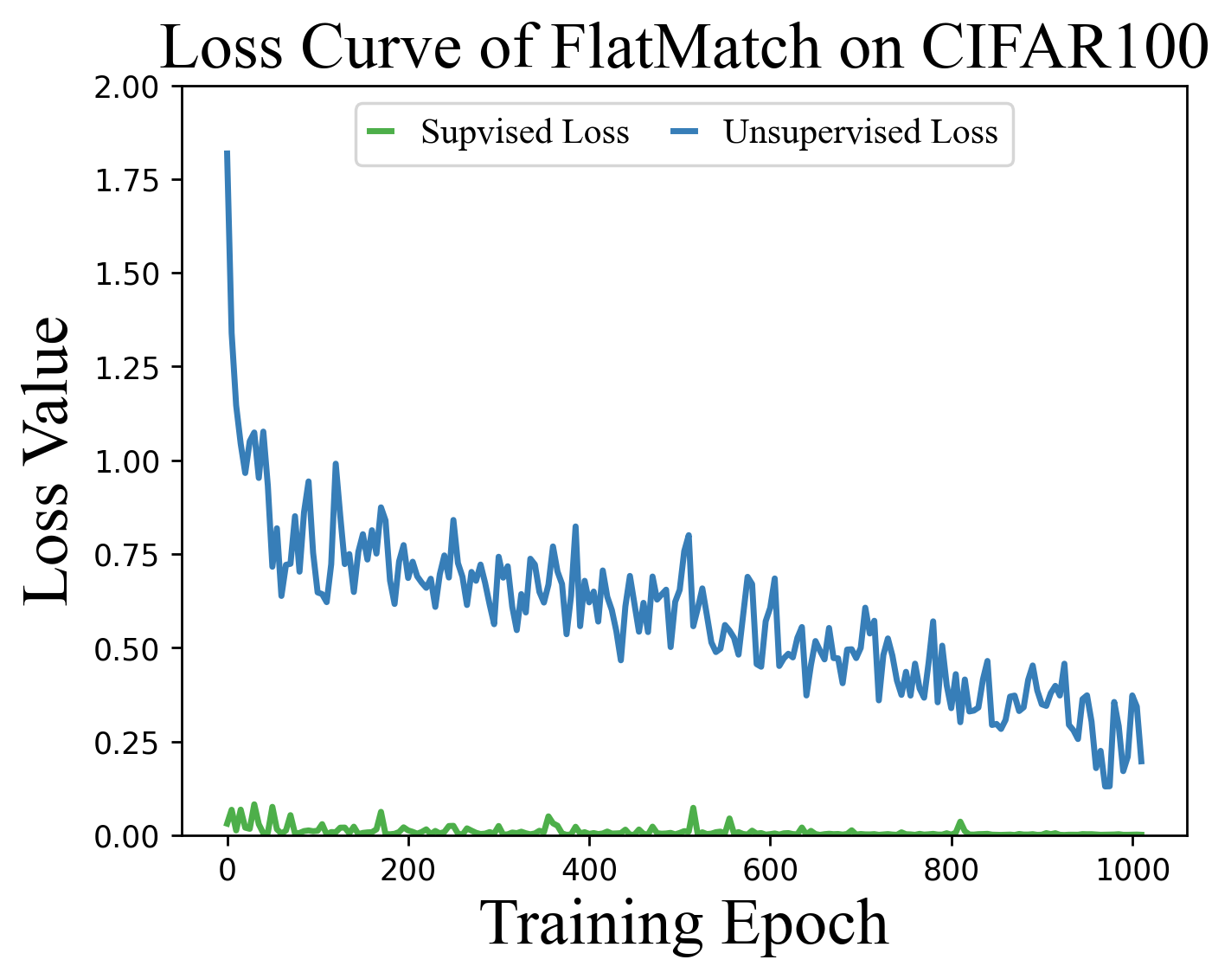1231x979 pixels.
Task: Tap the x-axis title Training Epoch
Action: [683, 924]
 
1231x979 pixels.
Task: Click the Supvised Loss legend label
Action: [524, 132]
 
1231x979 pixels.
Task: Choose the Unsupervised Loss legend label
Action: [860, 132]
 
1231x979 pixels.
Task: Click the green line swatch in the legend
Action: [381, 132]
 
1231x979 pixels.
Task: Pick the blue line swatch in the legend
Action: [684, 132]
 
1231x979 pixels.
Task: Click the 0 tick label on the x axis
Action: [228, 868]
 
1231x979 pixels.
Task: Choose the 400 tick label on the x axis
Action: [588, 868]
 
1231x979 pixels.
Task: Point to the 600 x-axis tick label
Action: [770, 868]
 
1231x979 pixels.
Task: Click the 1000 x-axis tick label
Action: [1132, 868]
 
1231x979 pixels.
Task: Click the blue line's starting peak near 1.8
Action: [228, 153]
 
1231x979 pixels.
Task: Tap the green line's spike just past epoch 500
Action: [693, 808]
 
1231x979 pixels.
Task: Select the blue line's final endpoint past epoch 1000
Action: [1142, 762]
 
